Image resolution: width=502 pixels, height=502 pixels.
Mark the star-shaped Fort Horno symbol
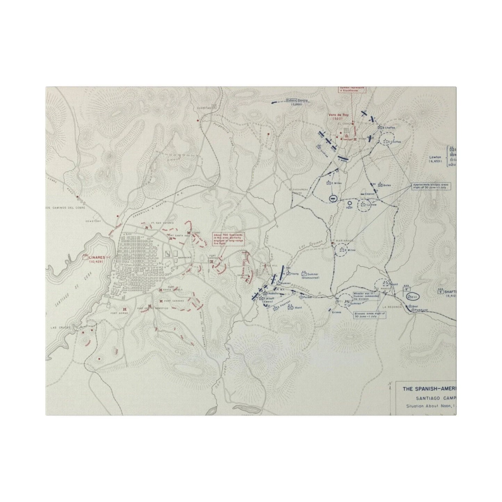125,308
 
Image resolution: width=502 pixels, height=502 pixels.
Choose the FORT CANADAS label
170,301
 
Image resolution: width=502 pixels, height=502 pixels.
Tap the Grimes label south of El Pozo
336,312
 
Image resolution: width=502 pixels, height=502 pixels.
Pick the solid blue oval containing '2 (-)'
412,296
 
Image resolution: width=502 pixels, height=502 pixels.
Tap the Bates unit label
387,186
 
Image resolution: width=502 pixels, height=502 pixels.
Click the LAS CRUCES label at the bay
58,327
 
